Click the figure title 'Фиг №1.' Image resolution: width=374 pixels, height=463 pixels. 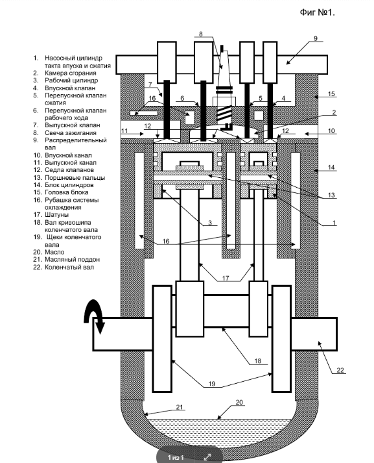point(318,12)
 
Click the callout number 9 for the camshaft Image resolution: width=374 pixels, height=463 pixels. point(316,38)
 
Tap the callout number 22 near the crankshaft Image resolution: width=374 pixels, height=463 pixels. point(340,370)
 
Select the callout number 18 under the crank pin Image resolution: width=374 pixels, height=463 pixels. point(257,361)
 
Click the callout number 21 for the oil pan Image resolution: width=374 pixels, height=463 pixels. point(180,407)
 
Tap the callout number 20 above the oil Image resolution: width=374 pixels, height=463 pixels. point(239,402)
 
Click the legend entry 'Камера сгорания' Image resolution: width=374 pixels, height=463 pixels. point(71,73)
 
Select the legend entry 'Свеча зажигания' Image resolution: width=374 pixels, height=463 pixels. point(71,133)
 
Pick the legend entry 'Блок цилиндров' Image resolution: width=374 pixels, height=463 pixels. point(69,185)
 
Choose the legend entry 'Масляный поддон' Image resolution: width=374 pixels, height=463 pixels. point(72,259)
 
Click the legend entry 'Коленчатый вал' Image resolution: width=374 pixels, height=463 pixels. point(69,267)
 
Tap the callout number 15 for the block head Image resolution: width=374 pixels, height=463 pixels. point(331,94)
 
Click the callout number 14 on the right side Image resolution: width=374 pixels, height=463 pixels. point(331,168)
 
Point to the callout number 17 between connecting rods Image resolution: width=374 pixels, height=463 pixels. point(226,278)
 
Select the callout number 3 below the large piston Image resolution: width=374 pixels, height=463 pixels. point(210,222)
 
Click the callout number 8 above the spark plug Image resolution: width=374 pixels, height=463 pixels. point(201,34)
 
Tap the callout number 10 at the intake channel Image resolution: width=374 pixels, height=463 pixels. point(331,131)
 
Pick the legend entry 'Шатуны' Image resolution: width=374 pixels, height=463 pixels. point(56,215)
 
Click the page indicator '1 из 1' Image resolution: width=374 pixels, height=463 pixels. point(176,457)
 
